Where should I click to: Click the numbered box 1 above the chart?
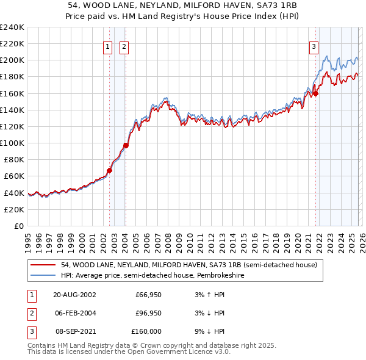click(108, 46)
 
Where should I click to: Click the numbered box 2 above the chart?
click(124, 46)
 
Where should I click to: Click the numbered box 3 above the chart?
click(314, 46)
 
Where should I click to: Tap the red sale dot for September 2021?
click(316, 93)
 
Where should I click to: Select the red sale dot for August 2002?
click(110, 170)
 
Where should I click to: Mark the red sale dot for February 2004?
click(126, 145)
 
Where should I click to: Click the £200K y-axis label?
click(12, 60)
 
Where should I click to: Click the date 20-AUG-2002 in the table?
click(74, 295)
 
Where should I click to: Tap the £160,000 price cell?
click(146, 331)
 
